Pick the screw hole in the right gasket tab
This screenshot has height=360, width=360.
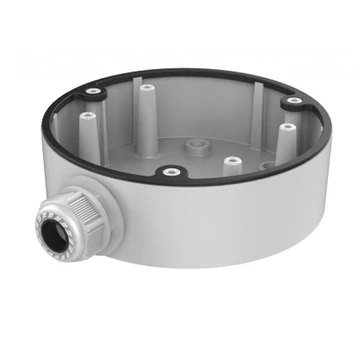point(293,101)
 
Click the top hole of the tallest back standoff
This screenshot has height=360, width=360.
point(147,87)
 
